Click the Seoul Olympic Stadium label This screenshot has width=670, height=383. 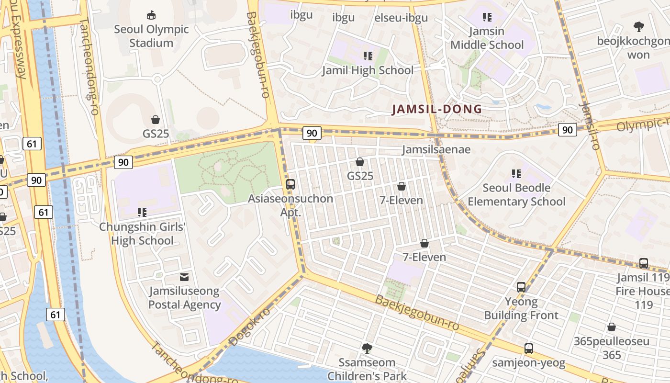tap(151, 36)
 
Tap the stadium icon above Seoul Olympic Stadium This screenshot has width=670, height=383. tap(151, 15)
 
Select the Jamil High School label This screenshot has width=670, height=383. tap(368, 70)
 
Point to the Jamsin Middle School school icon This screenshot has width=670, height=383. tap(487, 18)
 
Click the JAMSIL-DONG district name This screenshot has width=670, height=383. tap(437, 109)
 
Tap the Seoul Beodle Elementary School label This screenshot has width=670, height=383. tap(516, 194)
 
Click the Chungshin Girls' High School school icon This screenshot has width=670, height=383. tap(142, 212)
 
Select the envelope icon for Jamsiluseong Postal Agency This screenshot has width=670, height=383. tap(184, 277)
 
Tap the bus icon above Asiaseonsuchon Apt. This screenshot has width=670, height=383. tap(290, 184)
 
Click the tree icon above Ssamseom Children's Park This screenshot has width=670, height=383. tap(367, 348)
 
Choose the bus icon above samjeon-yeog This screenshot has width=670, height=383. tap(528, 349)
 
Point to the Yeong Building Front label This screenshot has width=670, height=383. tap(521, 309)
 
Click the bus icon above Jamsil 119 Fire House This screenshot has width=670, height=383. tap(644, 263)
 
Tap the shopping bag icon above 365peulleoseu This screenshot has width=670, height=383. tap(611, 327)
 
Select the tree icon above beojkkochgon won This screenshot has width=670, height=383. tap(638, 27)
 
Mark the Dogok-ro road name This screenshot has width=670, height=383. tap(249, 327)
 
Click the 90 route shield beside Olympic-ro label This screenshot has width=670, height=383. tap(567, 129)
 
